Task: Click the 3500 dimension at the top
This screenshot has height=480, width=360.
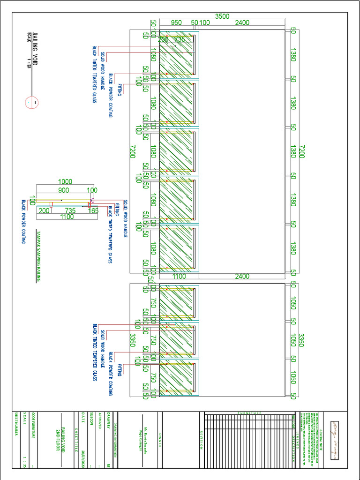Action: tap(222, 16)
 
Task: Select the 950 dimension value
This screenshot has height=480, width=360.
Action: tap(176, 22)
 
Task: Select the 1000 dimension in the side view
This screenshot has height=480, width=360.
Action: tap(65, 182)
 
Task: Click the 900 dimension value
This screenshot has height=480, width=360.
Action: tap(64, 190)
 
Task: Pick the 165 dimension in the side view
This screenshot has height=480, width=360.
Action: tap(93, 211)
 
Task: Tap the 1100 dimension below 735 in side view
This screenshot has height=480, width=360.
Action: tap(67, 217)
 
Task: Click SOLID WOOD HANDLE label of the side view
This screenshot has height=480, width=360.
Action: tap(125, 218)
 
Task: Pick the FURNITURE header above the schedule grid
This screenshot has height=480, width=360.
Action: tap(249, 413)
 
